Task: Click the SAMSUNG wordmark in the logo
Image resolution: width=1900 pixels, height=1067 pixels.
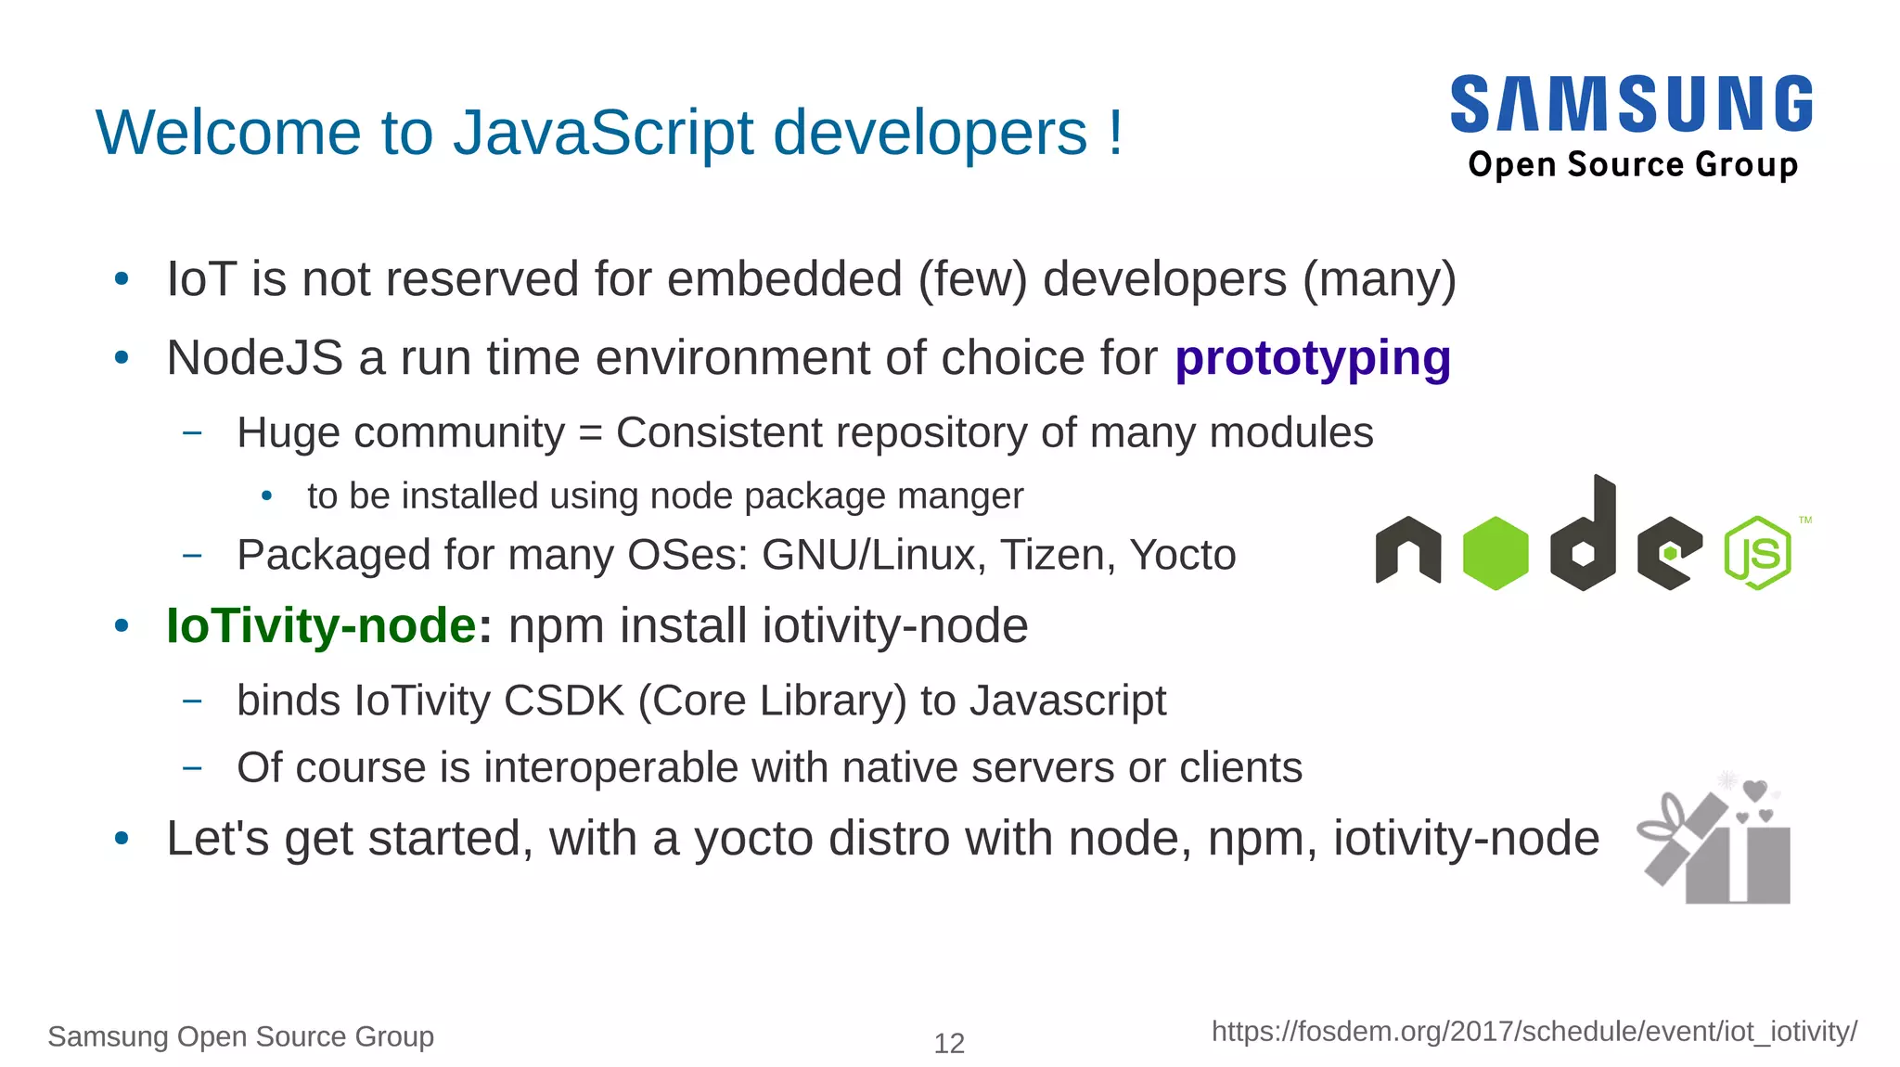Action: (x=1631, y=104)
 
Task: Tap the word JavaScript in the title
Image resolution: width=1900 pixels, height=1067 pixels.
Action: (x=603, y=133)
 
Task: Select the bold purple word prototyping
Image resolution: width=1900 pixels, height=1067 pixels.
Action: (x=1312, y=359)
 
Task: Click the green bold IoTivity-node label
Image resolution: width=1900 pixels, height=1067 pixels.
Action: (x=321, y=625)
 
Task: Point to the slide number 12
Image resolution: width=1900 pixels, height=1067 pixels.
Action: (x=948, y=1044)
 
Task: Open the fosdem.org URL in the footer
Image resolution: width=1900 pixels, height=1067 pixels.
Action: (x=1534, y=1032)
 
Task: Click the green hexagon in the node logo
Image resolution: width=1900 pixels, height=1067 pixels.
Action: (x=1495, y=553)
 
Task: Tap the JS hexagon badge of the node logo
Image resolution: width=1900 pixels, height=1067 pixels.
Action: (x=1757, y=553)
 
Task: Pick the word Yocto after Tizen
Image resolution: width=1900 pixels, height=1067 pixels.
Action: (x=1182, y=556)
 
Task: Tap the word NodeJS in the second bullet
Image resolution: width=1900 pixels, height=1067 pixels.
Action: (x=254, y=359)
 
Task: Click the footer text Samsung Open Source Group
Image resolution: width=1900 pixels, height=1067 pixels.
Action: (x=240, y=1036)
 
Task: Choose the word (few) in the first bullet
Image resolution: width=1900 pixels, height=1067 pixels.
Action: (x=972, y=280)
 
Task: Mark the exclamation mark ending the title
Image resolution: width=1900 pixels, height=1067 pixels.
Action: (x=1114, y=133)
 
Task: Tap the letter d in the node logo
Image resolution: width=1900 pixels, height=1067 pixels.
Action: (x=1584, y=538)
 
